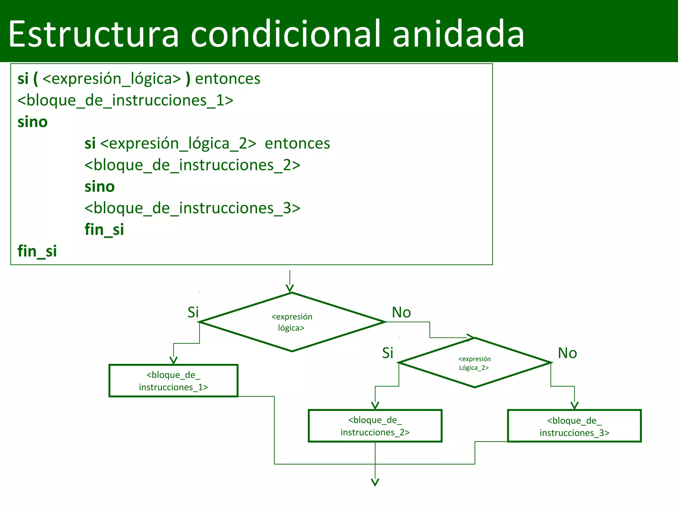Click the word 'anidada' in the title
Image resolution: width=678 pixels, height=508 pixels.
(458, 34)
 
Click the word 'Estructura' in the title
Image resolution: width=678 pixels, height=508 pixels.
(93, 34)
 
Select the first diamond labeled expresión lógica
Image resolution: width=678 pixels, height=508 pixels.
(292, 322)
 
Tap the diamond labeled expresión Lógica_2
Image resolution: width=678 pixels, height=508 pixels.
(474, 363)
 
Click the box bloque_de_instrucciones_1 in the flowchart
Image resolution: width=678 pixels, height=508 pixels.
(173, 381)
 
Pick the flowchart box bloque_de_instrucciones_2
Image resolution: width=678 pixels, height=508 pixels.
(375, 426)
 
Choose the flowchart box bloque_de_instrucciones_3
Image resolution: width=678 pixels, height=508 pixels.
(574, 426)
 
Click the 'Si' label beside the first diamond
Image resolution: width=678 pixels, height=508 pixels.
(193, 312)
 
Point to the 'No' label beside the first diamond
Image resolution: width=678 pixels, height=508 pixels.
(401, 312)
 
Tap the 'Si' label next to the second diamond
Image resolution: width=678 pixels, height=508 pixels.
(388, 353)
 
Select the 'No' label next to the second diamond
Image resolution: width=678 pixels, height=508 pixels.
(567, 353)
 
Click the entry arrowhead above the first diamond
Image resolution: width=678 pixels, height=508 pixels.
(290, 288)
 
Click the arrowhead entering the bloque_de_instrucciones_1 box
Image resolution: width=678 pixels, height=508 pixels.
(173, 360)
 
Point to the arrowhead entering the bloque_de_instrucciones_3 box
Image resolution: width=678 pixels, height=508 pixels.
(574, 406)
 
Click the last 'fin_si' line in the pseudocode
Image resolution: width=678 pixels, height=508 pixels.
(37, 251)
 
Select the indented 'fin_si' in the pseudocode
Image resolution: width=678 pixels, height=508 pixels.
(104, 230)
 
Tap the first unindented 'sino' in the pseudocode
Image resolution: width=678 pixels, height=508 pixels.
(32, 122)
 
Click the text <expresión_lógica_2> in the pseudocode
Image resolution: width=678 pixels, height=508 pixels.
(178, 144)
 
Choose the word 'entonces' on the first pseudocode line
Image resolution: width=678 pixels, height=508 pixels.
(228, 79)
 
